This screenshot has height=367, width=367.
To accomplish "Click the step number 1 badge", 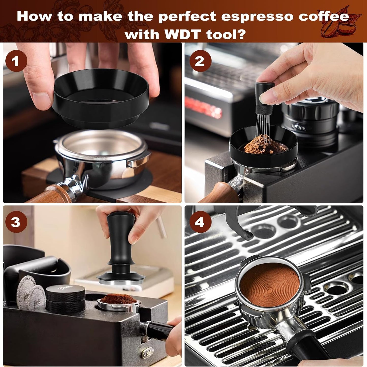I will pos(16,61).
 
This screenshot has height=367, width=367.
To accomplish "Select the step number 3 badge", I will pos(16,222).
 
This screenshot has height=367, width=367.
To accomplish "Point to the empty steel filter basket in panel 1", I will pos(102,150).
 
